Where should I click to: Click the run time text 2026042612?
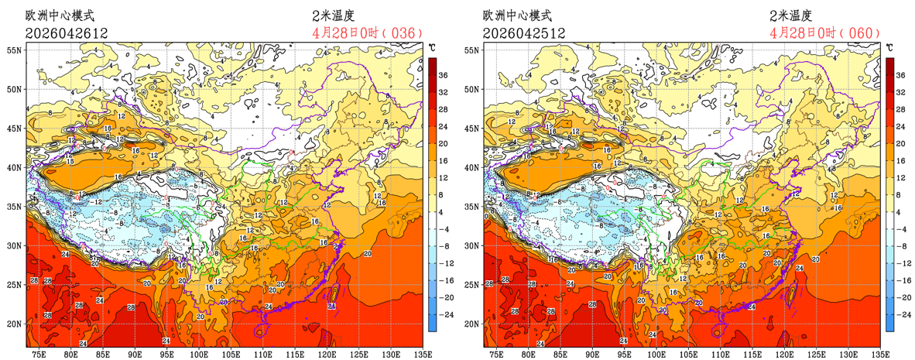pos(66,33)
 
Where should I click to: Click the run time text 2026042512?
pos(523,33)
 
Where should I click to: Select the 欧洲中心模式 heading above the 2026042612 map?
pos(60,15)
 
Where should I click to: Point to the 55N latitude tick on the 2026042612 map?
pos(15,50)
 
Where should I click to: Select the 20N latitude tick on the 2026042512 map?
pos(472,324)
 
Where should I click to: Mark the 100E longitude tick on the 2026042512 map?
pos(656,354)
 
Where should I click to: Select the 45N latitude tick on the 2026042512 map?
pos(472,128)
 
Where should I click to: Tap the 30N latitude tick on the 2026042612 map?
pos(15,245)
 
